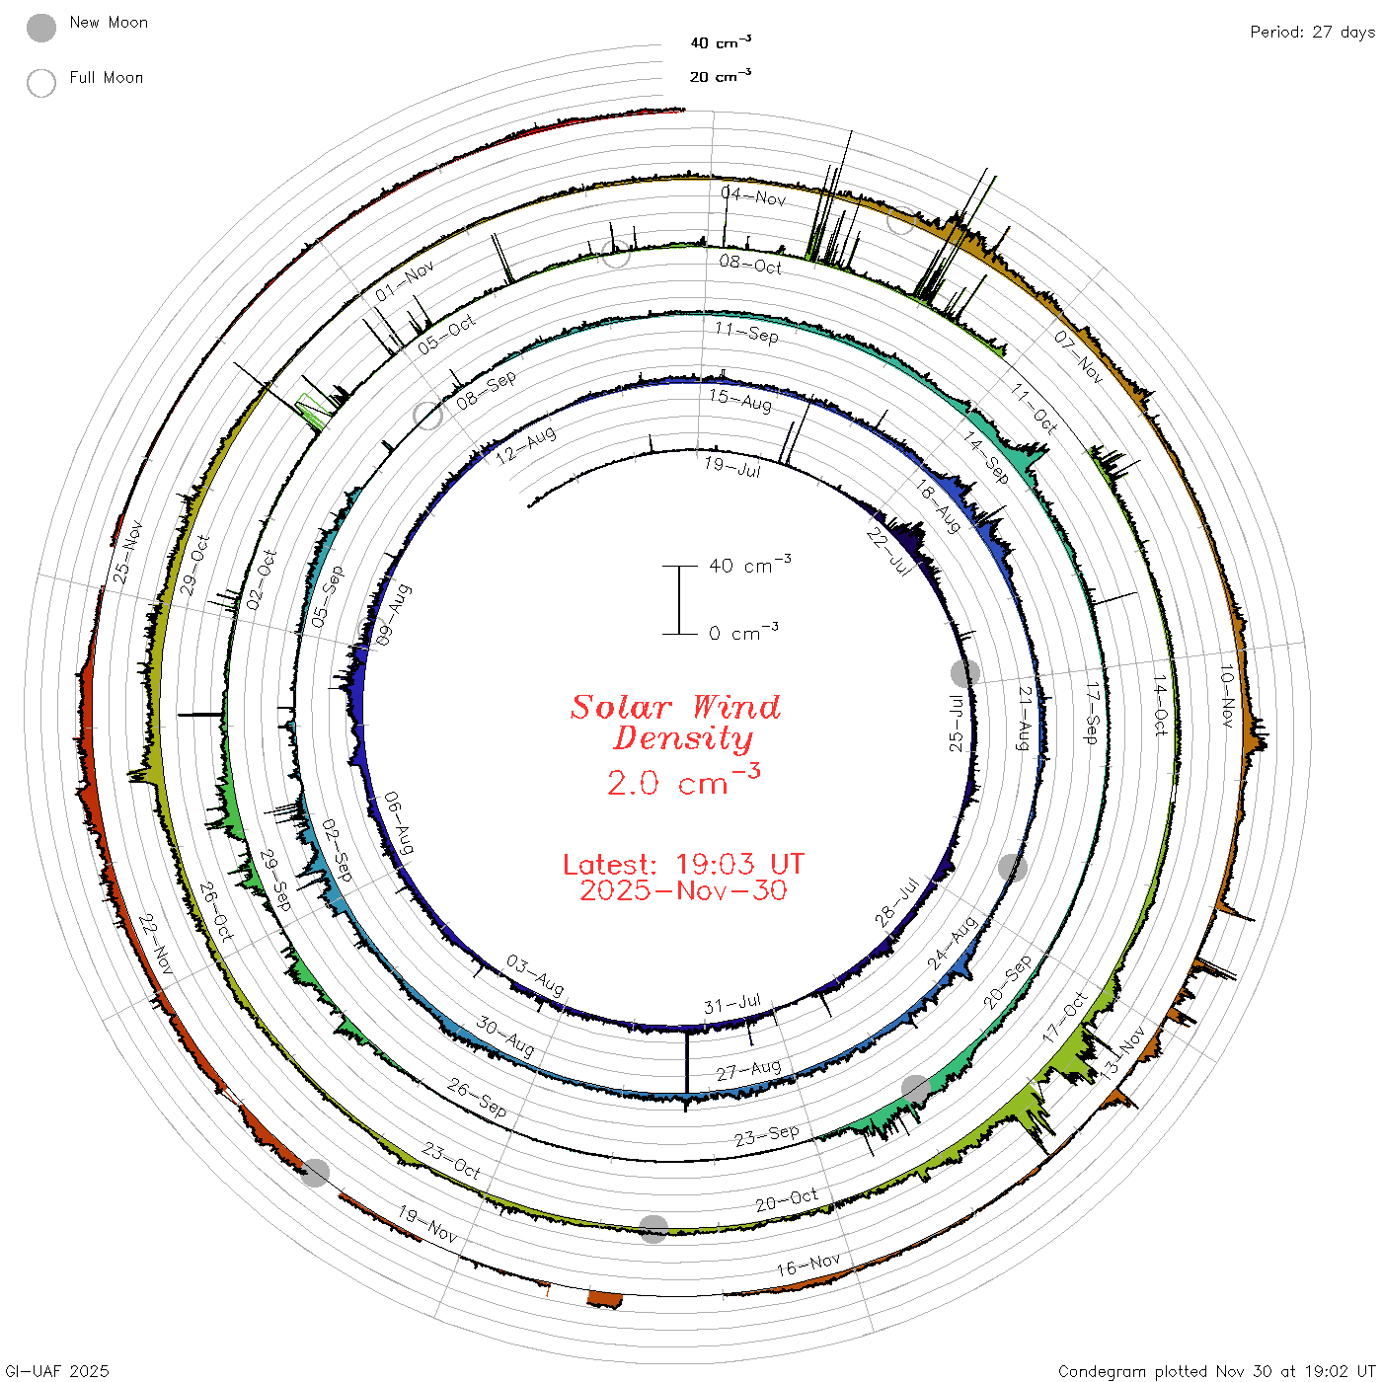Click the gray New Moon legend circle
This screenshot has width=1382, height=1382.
(x=40, y=28)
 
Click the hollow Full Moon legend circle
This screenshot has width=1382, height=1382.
(x=40, y=83)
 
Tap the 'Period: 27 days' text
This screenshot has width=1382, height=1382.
(x=1312, y=33)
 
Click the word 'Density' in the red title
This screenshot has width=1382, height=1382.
(x=683, y=738)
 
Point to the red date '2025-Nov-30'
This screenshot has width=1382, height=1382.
(x=683, y=890)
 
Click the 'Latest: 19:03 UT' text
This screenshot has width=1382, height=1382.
(x=683, y=864)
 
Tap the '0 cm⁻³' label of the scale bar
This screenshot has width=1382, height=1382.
(x=743, y=632)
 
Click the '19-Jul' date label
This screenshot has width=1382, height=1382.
(x=732, y=467)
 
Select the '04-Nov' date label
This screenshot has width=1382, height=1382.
(x=753, y=195)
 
